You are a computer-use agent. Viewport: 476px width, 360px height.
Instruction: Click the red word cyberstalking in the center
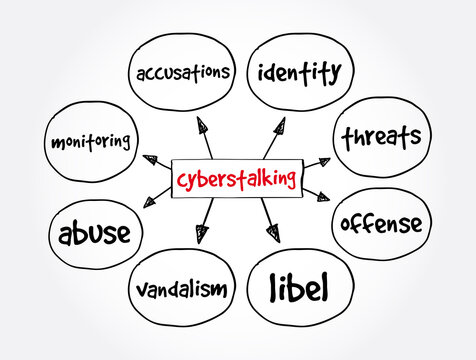[236, 180]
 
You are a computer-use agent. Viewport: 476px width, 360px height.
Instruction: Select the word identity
[299, 71]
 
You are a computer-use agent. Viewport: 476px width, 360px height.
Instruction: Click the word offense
[382, 222]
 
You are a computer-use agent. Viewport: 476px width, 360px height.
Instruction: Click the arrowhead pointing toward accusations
[204, 126]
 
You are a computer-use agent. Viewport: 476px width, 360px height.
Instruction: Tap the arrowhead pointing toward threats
[321, 161]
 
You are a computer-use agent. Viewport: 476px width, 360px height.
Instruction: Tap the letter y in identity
[338, 75]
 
